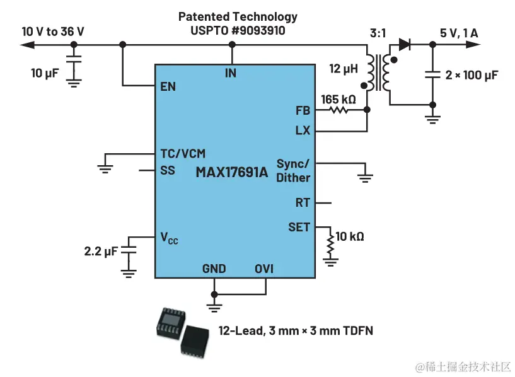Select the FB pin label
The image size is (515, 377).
[303, 110]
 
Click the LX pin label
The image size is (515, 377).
[303, 131]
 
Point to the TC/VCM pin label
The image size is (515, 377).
[182, 153]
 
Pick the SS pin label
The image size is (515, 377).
[168, 170]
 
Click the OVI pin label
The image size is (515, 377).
[264, 269]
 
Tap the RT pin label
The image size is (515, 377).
[303, 203]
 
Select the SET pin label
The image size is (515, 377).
[299, 227]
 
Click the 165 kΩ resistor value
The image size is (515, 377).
[339, 99]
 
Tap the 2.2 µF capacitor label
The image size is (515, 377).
[101, 251]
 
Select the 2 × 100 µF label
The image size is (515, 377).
[472, 75]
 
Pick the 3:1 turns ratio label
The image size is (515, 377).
[378, 32]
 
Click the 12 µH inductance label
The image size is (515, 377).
[344, 67]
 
